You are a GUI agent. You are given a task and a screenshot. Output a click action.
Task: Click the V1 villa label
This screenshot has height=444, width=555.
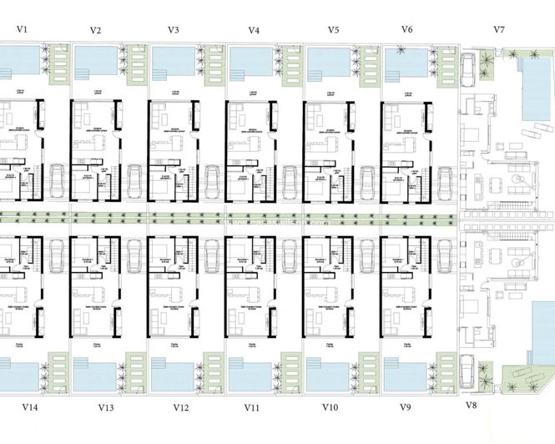23,29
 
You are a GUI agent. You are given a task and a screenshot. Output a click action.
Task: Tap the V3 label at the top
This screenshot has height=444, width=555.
173,29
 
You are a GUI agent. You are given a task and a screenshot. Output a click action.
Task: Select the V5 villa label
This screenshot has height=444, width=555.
333,29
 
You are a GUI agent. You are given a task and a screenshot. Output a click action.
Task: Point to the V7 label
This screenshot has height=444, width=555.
499,29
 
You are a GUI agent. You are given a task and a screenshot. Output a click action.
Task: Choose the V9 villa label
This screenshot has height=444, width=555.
406,407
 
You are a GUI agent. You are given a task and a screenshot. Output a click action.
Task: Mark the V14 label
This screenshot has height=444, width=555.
28,407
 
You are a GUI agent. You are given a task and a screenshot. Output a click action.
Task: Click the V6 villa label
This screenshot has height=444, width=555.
406,29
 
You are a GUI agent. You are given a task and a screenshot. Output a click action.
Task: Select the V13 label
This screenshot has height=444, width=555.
105,407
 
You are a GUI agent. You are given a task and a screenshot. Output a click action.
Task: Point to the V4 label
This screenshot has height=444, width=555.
254,29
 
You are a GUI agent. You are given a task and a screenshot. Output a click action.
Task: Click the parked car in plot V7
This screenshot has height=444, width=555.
469,71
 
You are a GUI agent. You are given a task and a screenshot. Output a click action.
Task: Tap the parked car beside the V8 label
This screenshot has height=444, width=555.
469,368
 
